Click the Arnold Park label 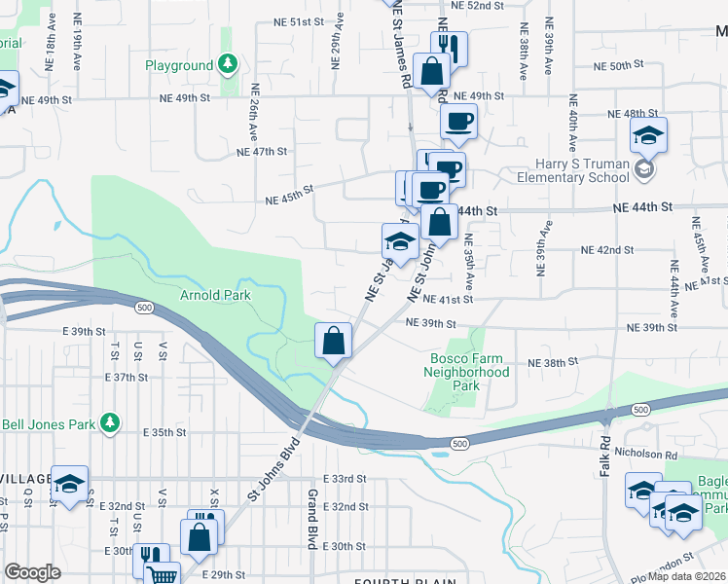(215, 295)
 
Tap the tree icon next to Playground (227, 65)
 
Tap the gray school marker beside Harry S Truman (642, 171)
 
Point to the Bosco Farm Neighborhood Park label (470, 372)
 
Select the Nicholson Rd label (670, 455)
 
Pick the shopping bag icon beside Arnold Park (333, 341)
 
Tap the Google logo (33, 572)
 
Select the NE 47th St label (262, 152)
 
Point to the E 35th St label (164, 431)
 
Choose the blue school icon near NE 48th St (647, 137)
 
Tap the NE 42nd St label (623, 250)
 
